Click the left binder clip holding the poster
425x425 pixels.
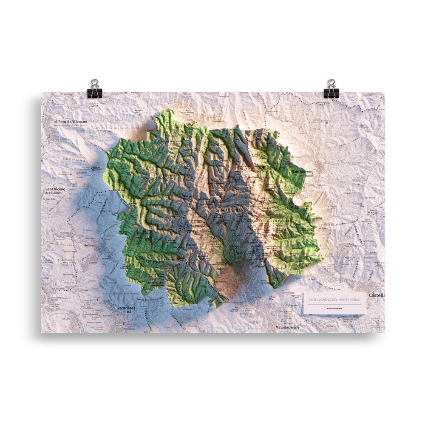coord(94,88)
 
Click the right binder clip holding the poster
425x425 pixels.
coord(331,88)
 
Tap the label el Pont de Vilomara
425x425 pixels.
coord(71,122)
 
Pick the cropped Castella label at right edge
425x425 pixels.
coord(377,295)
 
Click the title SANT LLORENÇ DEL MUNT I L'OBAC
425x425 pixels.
coord(334,300)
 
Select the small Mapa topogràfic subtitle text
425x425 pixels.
coord(334,308)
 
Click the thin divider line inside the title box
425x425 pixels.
coord(334,304)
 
